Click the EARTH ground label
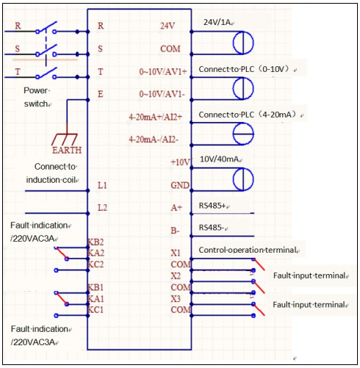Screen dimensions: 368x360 point(66,150)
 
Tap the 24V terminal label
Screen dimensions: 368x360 point(168,26)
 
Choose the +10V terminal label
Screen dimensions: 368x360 point(179,162)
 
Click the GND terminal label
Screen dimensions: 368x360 point(180,185)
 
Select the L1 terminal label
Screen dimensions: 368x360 point(102,185)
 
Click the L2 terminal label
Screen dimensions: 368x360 point(102,208)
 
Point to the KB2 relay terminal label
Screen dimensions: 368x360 point(96,242)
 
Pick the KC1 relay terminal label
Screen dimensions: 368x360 point(96,310)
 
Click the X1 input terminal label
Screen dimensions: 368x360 point(176,252)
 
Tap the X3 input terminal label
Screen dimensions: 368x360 point(176,299)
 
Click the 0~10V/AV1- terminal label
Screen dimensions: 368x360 point(163,94)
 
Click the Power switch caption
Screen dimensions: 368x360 point(37,97)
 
